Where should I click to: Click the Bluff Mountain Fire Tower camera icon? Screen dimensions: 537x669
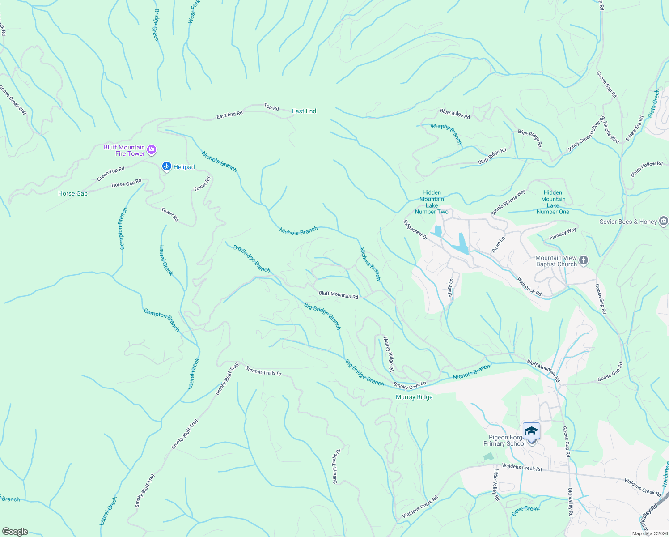(152, 150)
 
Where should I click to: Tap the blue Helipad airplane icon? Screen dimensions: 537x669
(167, 166)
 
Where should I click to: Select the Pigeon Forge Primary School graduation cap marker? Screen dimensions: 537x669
(531, 431)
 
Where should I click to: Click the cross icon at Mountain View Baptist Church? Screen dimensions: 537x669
(583, 260)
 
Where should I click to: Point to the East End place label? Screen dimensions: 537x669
(304, 111)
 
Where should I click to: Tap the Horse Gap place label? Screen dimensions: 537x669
(73, 193)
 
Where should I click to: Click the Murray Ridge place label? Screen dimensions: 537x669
(414, 397)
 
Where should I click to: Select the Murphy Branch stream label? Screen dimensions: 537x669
(446, 133)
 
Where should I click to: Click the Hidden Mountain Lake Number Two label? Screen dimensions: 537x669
(432, 202)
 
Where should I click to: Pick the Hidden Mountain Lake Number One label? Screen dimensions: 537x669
(553, 202)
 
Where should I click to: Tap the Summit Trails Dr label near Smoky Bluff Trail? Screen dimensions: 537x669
(263, 371)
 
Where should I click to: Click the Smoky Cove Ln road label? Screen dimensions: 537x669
(410, 385)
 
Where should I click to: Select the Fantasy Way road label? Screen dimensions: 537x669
(563, 233)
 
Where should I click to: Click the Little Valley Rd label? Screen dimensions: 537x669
(496, 485)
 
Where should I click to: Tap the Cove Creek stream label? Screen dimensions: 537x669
(525, 511)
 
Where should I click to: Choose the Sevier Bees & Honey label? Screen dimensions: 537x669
(628, 222)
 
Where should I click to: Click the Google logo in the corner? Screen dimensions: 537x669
(15, 532)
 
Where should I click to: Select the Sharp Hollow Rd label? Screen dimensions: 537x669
(646, 169)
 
